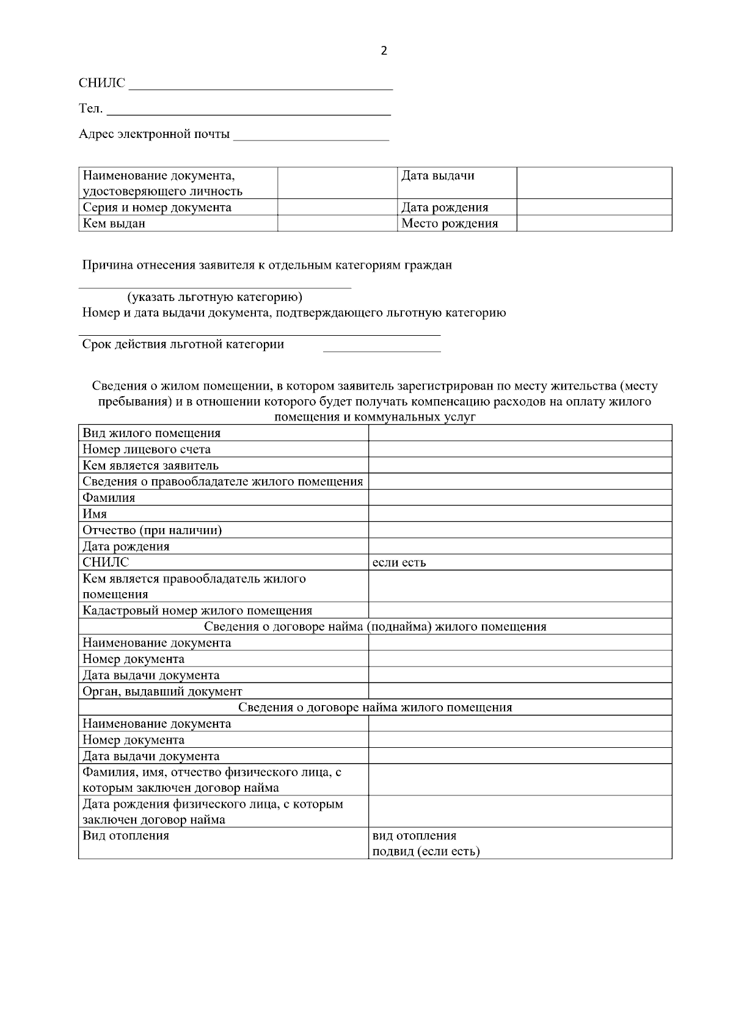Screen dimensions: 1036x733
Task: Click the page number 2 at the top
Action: [x=384, y=51]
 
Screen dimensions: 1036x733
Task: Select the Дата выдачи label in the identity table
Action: [x=437, y=176]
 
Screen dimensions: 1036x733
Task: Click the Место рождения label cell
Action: [x=449, y=223]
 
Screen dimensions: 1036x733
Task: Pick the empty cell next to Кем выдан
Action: [x=337, y=223]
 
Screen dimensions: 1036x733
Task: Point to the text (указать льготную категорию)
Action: [x=214, y=297]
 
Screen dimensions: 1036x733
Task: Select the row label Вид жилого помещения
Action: [x=151, y=433]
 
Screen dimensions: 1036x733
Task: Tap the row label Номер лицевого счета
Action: [x=147, y=449]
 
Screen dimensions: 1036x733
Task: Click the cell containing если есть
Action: [x=399, y=562]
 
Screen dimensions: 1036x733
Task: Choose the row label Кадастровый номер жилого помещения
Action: [x=197, y=610]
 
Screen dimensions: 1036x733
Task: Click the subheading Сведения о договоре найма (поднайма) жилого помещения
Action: [x=374, y=626]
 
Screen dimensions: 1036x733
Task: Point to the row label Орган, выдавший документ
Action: [x=162, y=692]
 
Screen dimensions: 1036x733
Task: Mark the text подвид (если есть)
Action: [x=426, y=851]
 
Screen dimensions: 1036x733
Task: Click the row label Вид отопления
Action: [x=126, y=835]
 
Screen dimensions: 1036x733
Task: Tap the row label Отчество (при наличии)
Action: [x=152, y=530]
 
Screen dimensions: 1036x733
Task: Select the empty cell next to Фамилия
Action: [x=519, y=498]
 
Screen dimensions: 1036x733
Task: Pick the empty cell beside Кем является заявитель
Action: [x=519, y=465]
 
